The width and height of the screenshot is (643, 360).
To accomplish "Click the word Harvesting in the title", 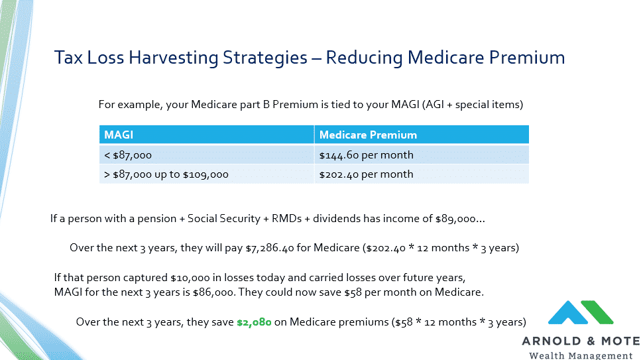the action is click(174, 58).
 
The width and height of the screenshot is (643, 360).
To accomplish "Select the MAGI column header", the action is click(207, 135).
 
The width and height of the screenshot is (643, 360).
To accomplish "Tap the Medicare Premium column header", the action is click(422, 135).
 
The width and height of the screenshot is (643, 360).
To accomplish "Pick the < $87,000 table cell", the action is click(207, 155).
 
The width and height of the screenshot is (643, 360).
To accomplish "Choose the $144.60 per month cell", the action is click(422, 155).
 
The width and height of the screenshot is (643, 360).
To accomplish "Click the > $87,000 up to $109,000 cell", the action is click(207, 174).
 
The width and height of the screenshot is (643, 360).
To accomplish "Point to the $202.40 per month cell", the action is click(422, 174).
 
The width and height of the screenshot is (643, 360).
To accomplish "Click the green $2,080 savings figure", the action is click(254, 322).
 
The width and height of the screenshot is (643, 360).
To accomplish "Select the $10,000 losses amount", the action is click(190, 278).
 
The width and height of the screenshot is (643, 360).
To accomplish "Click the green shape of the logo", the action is click(597, 312).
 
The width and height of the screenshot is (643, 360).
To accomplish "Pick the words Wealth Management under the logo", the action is click(581, 355).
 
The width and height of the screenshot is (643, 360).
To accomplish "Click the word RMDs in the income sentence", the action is click(286, 219).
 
